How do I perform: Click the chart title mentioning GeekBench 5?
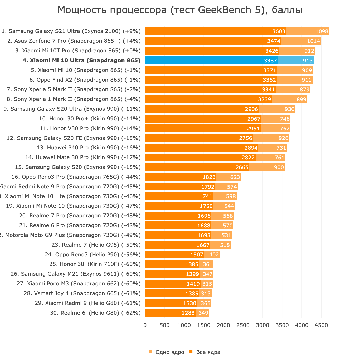pyautogui.click(x=180, y=10)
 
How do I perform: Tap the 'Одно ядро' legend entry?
pyautogui.click(x=169, y=352)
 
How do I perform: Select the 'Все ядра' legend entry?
pyautogui.click(x=208, y=352)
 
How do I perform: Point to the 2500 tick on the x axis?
pyautogui.click(x=243, y=325)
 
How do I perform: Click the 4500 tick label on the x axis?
pyautogui.click(x=321, y=325)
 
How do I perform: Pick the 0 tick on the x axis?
pyautogui.click(x=145, y=325)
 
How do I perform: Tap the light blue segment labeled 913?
pyautogui.click(x=308, y=61)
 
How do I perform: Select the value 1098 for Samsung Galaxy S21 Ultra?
pyautogui.click(x=322, y=31)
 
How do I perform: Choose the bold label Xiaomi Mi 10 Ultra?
pyautogui.click(x=81, y=60)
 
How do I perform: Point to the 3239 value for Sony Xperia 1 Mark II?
pyautogui.click(x=265, y=99)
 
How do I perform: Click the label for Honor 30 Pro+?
pyautogui.click(x=90, y=119)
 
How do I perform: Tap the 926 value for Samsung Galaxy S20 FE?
pyautogui.click(x=283, y=138)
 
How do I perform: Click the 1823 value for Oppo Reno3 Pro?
pyautogui.click(x=209, y=177)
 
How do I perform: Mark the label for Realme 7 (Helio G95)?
pyautogui.click(x=96, y=245)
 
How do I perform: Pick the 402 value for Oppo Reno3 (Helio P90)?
pyautogui.click(x=214, y=255)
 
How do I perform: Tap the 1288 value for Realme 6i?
pyautogui.click(x=188, y=313)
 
